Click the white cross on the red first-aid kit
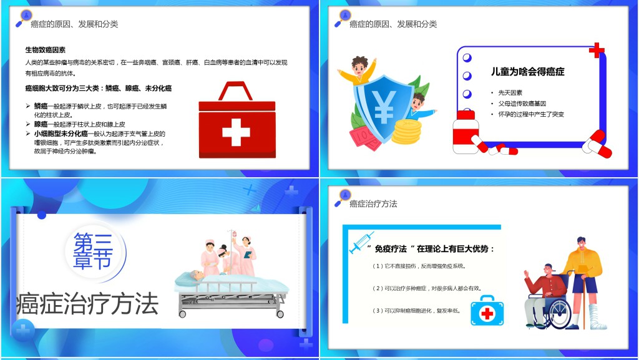(235, 132)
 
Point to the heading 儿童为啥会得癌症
(527, 72)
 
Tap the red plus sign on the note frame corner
(597, 51)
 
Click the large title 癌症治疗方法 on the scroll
(88, 304)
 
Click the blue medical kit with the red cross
(487, 310)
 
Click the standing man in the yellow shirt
(583, 275)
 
